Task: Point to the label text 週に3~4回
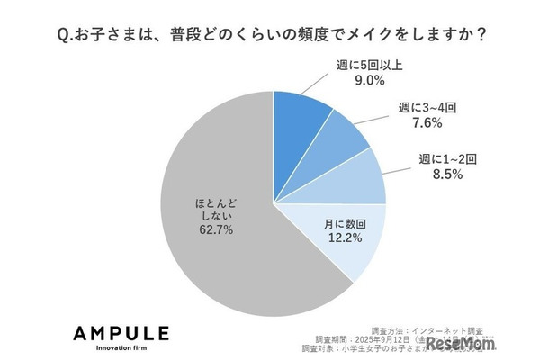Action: (x=422, y=112)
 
